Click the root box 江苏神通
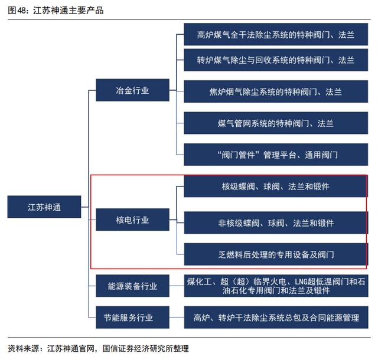(44, 207)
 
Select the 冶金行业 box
(132, 90)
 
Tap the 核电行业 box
(132, 220)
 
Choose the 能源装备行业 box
(132, 286)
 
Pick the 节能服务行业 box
(132, 317)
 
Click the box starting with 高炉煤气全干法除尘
(276, 34)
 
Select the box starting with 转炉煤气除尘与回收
(276, 60)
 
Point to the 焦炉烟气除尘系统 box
(276, 91)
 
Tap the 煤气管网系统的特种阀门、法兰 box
(276, 123)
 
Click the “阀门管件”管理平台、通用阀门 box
(276, 155)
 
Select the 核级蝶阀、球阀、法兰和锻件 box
(276, 186)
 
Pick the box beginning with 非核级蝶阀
(276, 222)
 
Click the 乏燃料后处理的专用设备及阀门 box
(276, 254)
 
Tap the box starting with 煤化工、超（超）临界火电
(276, 286)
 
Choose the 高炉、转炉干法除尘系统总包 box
(276, 317)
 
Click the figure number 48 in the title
(22, 11)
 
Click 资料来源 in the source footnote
(23, 348)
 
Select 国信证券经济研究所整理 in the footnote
(146, 348)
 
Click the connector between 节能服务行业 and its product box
(177, 317)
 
